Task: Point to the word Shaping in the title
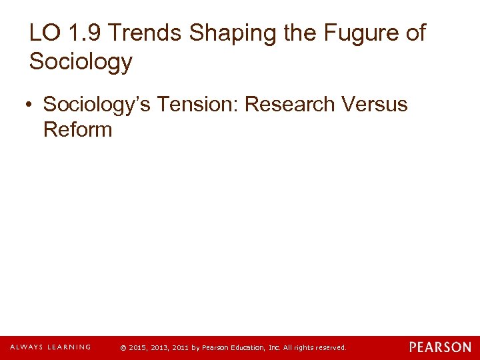click(x=222, y=33)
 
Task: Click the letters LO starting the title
click(x=41, y=33)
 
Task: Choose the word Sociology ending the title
click(x=81, y=62)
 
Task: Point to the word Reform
click(x=77, y=129)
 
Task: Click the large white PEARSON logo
click(x=440, y=347)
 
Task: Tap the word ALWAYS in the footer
click(x=26, y=347)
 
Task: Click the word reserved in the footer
click(x=331, y=348)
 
